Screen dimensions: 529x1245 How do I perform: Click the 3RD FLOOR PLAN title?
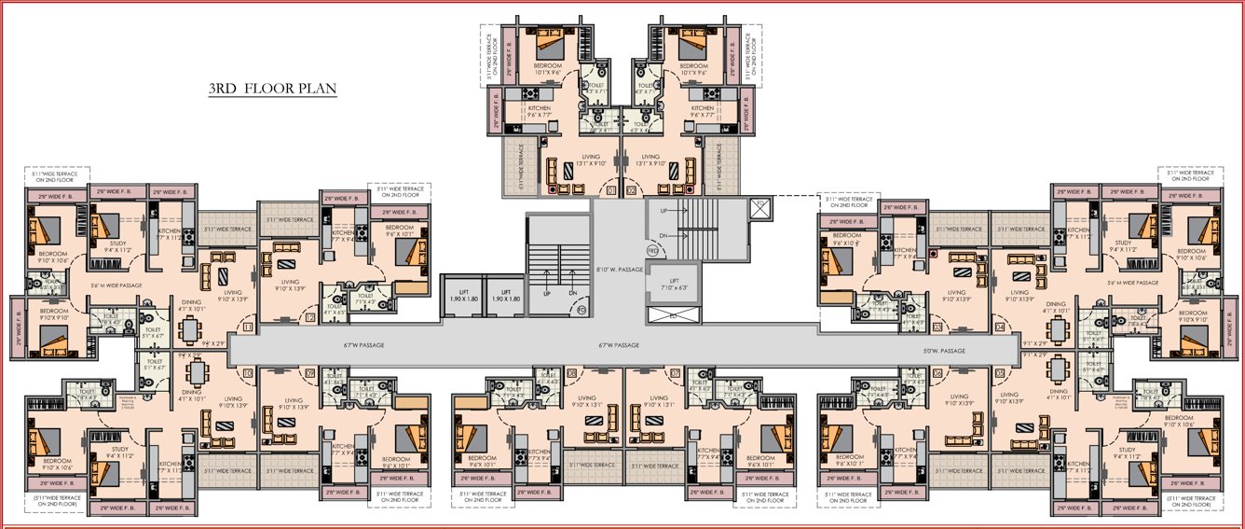272,90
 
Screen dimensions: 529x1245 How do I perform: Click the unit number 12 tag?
309,318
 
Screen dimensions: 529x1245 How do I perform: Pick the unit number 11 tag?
247,327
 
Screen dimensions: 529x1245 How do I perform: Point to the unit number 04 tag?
1000,327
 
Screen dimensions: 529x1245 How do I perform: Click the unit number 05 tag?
1000,373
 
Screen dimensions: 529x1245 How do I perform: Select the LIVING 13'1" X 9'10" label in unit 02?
650,160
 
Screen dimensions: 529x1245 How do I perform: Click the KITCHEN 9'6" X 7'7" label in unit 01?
540,112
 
